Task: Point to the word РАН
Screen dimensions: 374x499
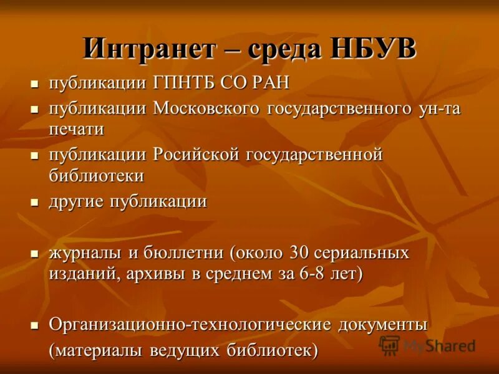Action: (269, 84)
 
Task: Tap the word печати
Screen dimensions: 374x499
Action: (76, 129)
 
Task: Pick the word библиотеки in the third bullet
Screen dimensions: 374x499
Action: (97, 175)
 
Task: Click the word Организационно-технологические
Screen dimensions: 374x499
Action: (190, 324)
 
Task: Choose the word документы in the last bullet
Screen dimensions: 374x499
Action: (383, 324)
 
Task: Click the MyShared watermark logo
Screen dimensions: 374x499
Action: (428, 345)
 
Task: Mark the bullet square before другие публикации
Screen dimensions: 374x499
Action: (36, 203)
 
